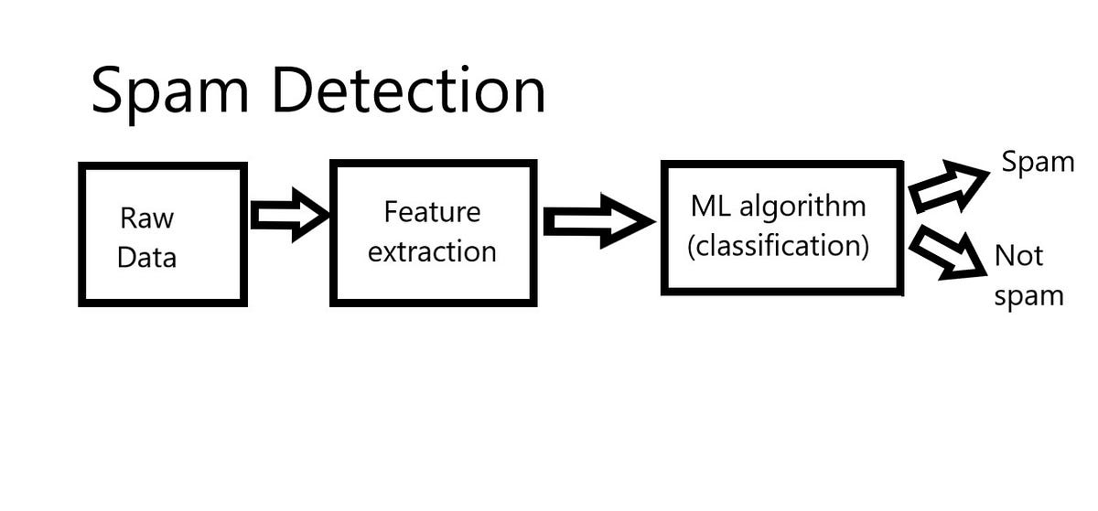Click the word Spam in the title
click(x=173, y=92)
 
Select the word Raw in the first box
click(x=146, y=219)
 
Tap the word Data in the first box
click(x=146, y=257)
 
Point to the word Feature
click(x=432, y=212)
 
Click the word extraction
click(x=432, y=251)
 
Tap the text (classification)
click(x=777, y=246)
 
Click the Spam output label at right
click(x=1037, y=163)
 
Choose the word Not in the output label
click(x=1018, y=256)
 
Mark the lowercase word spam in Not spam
click(x=1028, y=296)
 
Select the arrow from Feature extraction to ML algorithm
click(x=597, y=221)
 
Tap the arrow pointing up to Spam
click(x=947, y=186)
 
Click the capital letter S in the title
click(x=109, y=90)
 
